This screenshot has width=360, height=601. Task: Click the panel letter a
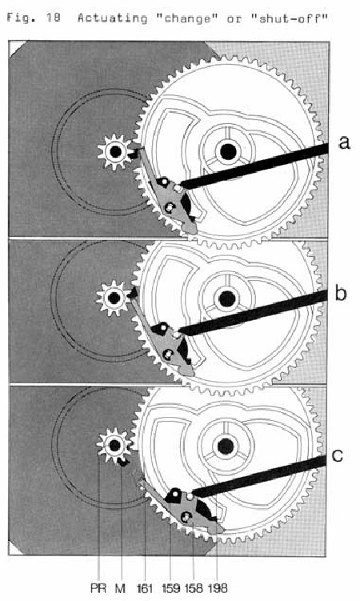coord(344,142)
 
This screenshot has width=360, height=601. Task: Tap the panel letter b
coord(341,293)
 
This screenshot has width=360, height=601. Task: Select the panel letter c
coord(338,455)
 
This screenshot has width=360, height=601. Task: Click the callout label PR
coord(98,588)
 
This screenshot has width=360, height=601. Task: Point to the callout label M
coord(120,588)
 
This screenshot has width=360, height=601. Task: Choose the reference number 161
coord(145,588)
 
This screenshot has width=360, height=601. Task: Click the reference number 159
coord(171,588)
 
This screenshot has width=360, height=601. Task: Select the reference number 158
coord(194,588)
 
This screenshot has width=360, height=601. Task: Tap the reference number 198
coord(218,588)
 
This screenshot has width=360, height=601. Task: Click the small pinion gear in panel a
coord(115,152)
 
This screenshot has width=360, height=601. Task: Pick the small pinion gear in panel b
coord(114,298)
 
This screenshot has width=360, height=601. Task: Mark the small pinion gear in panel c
coord(114,446)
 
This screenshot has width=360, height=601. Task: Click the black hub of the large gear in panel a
coord(228,152)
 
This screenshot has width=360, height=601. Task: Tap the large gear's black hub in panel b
coord(226,298)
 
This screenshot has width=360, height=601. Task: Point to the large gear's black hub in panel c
coord(225,447)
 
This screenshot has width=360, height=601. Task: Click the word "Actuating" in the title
coord(112,18)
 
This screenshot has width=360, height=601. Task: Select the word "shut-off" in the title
coord(290,18)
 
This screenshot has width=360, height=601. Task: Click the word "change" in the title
coord(188,18)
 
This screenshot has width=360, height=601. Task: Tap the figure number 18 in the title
coord(54,18)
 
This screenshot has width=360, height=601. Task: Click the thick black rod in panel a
coord(254,166)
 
